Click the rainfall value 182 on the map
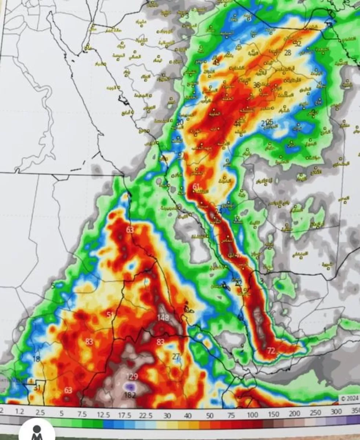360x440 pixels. click(x=131, y=395)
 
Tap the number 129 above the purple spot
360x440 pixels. click(x=132, y=377)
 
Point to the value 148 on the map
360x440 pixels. click(x=163, y=318)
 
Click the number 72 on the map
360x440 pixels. click(x=271, y=351)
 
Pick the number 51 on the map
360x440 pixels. click(x=110, y=315)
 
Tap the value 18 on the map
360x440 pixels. click(x=36, y=359)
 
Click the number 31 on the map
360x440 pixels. click(x=37, y=388)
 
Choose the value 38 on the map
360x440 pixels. click(x=257, y=85)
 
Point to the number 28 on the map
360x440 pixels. click(x=288, y=53)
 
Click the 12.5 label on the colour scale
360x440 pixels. click(x=103, y=415)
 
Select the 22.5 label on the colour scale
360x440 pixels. click(x=146, y=415)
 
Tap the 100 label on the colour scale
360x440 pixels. click(x=252, y=415)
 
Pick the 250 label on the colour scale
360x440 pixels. click(x=316, y=415)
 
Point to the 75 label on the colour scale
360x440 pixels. click(x=231, y=415)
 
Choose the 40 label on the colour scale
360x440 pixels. click(x=189, y=415)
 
